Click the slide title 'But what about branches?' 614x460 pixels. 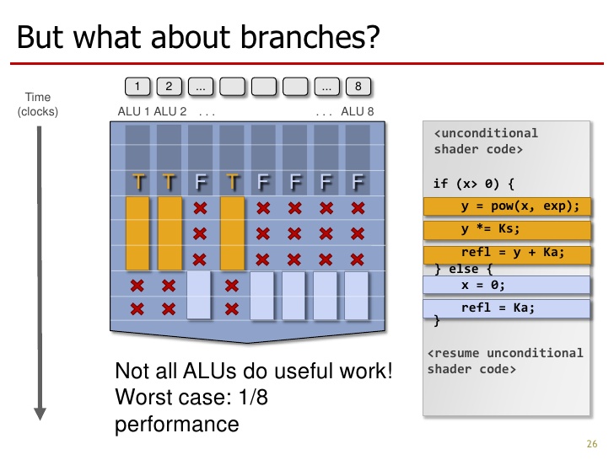pos(198,38)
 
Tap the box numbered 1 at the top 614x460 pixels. pos(137,86)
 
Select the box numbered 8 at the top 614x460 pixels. pos(358,86)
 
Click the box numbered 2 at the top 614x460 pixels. pos(169,86)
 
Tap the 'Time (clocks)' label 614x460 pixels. pos(38,104)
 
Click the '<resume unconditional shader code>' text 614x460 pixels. pos(504,361)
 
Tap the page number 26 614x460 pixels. pos(590,445)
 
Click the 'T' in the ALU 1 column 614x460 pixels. pos(138,181)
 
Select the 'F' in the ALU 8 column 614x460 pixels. pos(358,181)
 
